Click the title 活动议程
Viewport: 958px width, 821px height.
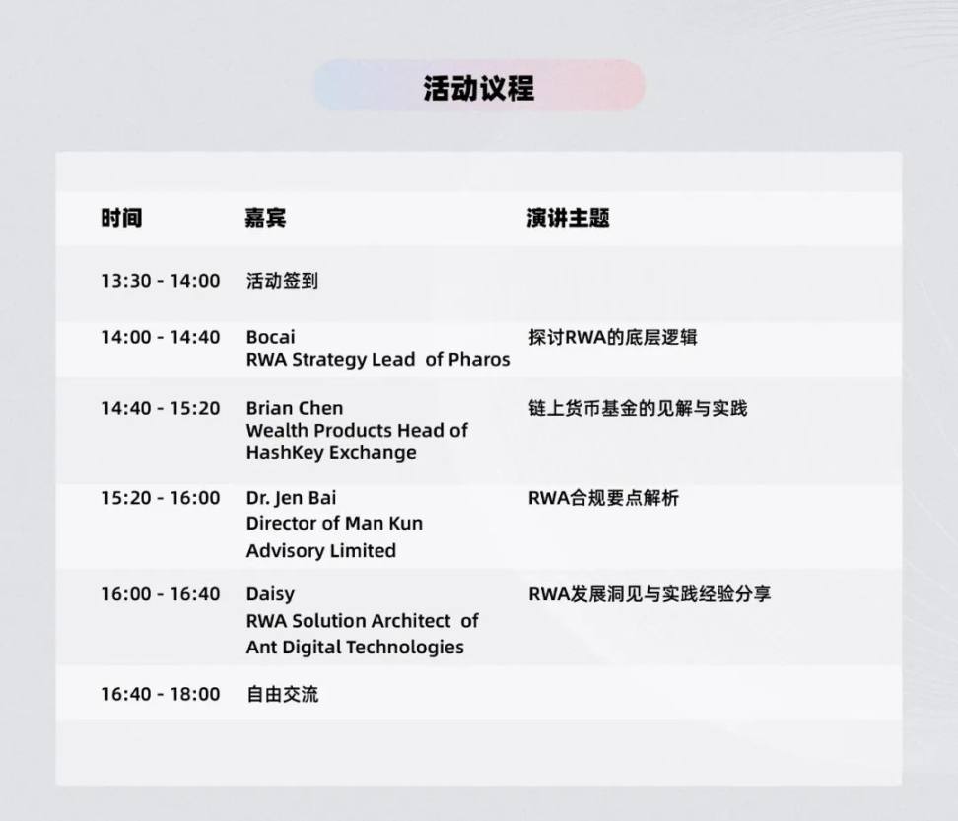tap(478, 88)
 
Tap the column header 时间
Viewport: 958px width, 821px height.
tap(121, 218)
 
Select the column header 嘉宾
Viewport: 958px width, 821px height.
tap(265, 218)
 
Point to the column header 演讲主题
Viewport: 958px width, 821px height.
tap(569, 218)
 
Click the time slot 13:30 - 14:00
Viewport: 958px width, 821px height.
tap(161, 280)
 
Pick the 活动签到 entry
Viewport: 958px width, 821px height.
tap(282, 280)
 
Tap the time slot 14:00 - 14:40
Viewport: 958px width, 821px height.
tap(161, 337)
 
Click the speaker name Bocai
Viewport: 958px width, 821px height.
tap(271, 337)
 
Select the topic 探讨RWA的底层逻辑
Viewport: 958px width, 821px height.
tap(613, 337)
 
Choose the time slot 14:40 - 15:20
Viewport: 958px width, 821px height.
tap(161, 408)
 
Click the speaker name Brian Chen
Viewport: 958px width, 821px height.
tap(295, 408)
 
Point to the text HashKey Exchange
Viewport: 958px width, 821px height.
tap(331, 452)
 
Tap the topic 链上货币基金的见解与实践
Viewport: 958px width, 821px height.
tap(638, 408)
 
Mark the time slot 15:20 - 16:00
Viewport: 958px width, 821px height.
tap(161, 498)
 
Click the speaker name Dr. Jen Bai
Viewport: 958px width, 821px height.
tap(292, 498)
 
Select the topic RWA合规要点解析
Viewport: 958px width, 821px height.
tap(603, 498)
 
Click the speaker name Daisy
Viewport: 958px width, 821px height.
tap(270, 593)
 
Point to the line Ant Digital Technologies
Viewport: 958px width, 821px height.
tap(355, 647)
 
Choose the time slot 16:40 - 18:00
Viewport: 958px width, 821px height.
tap(161, 694)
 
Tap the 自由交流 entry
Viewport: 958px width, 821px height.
tap(282, 694)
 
